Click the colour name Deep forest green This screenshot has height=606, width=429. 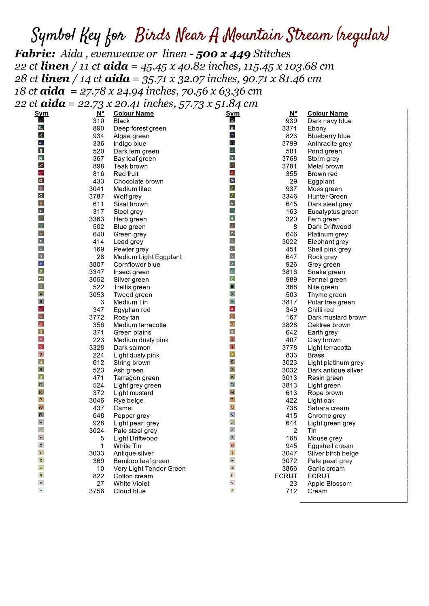tap(140, 128)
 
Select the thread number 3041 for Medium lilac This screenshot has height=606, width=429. tap(96, 189)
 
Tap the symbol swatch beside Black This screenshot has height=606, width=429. tap(41, 120)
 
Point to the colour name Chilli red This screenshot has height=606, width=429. tap(321, 310)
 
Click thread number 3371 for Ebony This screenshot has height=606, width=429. tap(289, 128)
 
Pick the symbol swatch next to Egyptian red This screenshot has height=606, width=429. tap(41, 309)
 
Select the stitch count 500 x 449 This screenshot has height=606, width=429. tap(223, 54)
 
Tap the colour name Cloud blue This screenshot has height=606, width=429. tap(130, 491)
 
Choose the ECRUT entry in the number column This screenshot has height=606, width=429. tap(286, 476)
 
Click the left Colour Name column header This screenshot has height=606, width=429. tap(134, 114)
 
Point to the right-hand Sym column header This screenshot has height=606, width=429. tap(233, 114)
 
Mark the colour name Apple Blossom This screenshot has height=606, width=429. tap(329, 484)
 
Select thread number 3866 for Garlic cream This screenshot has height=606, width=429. tap(289, 469)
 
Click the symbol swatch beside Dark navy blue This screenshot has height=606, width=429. tap(232, 120)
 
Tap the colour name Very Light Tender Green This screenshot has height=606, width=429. tap(149, 469)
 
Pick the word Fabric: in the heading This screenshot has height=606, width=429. tap(35, 54)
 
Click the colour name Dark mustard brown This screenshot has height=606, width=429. tap(337, 318)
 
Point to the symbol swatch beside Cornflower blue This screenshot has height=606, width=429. tap(41, 264)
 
